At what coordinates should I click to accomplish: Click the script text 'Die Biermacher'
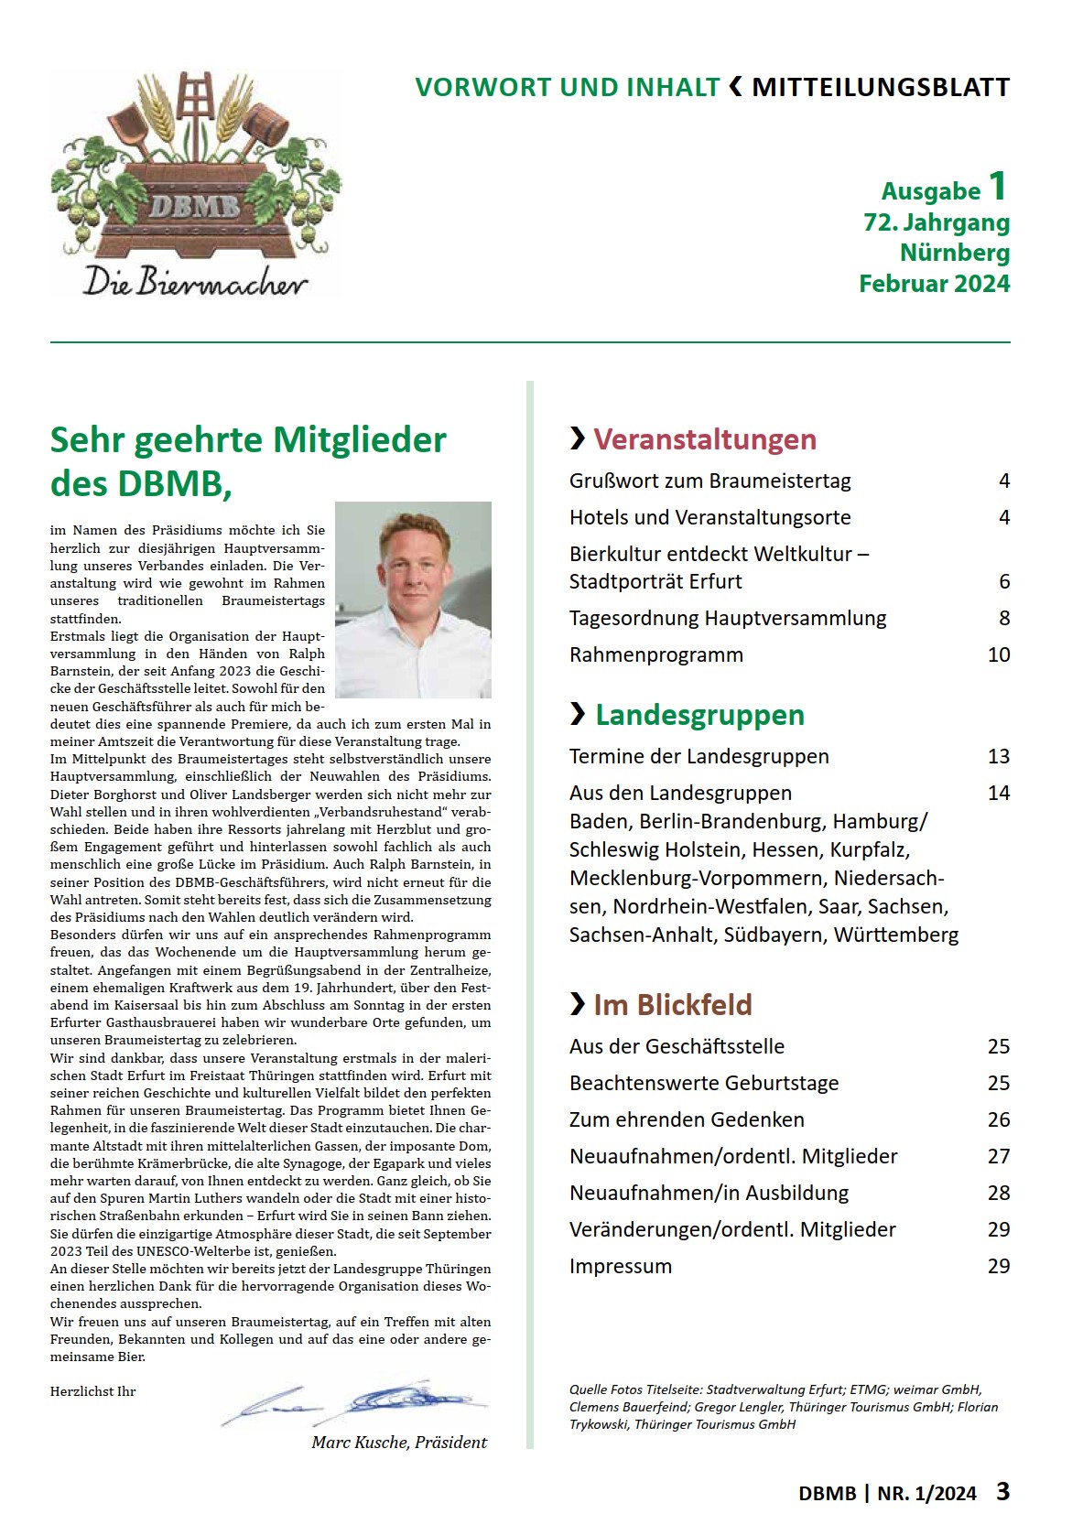[195, 280]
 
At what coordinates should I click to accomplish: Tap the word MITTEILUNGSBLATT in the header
[881, 88]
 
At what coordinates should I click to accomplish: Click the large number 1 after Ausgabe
[997, 187]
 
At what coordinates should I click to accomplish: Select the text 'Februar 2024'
[934, 284]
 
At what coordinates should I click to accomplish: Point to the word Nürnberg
[955, 253]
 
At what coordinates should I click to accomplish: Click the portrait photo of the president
[413, 600]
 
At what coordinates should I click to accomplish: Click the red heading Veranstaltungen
[704, 439]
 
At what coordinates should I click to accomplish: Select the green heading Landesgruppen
[699, 715]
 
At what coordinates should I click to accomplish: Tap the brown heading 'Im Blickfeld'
[672, 1005]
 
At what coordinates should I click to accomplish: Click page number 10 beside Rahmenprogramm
[998, 655]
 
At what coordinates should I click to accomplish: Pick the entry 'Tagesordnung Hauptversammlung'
[727, 619]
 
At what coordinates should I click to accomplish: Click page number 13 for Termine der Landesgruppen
[998, 757]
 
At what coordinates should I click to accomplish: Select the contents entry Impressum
[620, 1267]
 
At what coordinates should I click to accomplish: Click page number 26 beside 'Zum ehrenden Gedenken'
[998, 1120]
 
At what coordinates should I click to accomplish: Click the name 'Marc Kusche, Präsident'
[399, 1443]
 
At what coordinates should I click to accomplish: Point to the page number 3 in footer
[1002, 1492]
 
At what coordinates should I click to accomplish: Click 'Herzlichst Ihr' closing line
[92, 1391]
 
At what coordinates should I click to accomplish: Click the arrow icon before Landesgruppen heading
[578, 714]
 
